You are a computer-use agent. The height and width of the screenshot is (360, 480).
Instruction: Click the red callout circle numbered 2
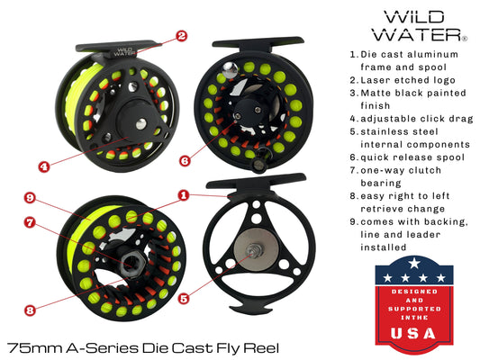(x=181, y=37)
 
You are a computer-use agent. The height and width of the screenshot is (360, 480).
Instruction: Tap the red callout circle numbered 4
(x=43, y=166)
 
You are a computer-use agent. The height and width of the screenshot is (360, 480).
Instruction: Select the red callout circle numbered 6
(x=185, y=161)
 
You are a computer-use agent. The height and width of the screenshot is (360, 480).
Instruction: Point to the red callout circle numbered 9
(x=30, y=198)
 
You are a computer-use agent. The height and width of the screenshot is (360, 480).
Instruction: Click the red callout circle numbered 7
(x=30, y=222)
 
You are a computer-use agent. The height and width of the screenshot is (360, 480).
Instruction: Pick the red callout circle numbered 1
(x=183, y=194)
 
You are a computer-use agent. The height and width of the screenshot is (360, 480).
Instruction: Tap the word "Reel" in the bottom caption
(x=261, y=347)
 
